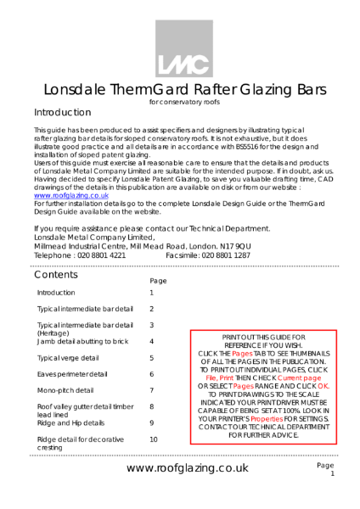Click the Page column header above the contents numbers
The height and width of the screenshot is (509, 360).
(157, 280)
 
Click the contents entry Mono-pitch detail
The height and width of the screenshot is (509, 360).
(65, 390)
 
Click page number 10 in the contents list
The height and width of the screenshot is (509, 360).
(153, 439)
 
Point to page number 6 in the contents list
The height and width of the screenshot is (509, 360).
(151, 374)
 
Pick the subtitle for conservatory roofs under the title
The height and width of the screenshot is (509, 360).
(179, 103)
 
